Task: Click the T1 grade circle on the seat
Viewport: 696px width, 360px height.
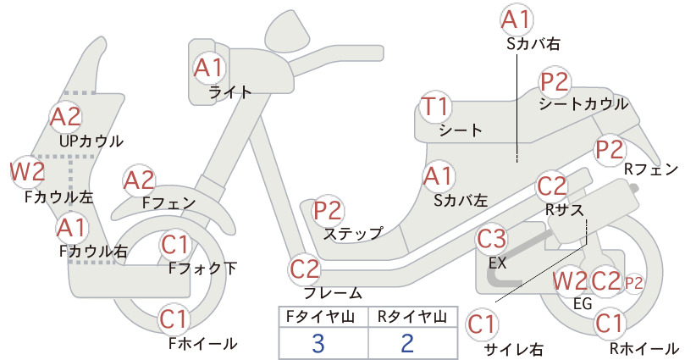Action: pyautogui.click(x=436, y=108)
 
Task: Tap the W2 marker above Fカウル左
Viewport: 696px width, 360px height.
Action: pyautogui.click(x=28, y=171)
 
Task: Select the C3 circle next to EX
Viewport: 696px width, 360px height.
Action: pyautogui.click(x=491, y=239)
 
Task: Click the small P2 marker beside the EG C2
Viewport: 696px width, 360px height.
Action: pyautogui.click(x=634, y=283)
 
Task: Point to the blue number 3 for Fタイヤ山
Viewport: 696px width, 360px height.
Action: pyautogui.click(x=318, y=344)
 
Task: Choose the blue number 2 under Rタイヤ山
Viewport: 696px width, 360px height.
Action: pyautogui.click(x=407, y=344)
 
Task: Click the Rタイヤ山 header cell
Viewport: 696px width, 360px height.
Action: pyautogui.click(x=412, y=317)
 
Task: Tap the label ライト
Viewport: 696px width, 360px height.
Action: pyautogui.click(x=230, y=91)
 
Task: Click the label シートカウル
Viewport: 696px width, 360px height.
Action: pyautogui.click(x=583, y=104)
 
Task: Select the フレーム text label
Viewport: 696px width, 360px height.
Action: pyautogui.click(x=333, y=292)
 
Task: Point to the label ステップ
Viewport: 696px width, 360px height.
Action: pyautogui.click(x=353, y=234)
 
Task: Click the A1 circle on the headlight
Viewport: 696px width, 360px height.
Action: pyautogui.click(x=208, y=69)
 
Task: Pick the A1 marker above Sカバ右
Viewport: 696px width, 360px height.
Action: pyautogui.click(x=517, y=20)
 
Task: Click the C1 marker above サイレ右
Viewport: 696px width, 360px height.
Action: pyautogui.click(x=482, y=324)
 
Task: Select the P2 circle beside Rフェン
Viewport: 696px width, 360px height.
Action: pyautogui.click(x=610, y=150)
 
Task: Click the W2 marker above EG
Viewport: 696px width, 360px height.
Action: pyautogui.click(x=570, y=281)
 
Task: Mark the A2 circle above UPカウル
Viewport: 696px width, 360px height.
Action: pyautogui.click(x=66, y=117)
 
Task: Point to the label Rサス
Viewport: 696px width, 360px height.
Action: pyautogui.click(x=564, y=209)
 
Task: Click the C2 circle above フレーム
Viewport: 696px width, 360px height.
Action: pyautogui.click(x=305, y=269)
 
